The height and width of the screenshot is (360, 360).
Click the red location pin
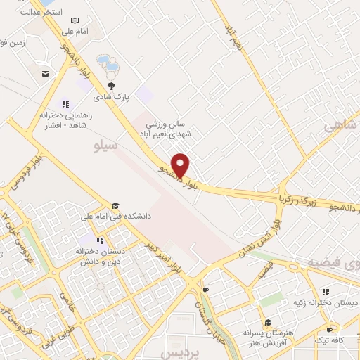[181, 165]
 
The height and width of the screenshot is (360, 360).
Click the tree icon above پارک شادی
[111, 85]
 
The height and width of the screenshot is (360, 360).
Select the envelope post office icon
[45, 74]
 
